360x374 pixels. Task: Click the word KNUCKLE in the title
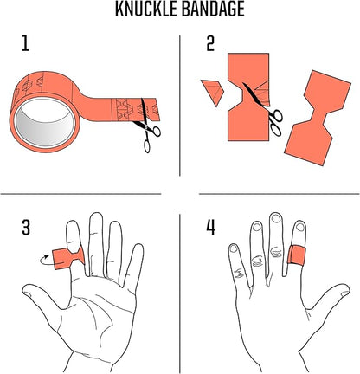pos(145,9)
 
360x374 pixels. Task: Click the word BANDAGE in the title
pos(213,9)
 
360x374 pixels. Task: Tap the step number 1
pos(25,43)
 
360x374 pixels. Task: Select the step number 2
pos(210,43)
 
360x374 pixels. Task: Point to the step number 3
pos(26,228)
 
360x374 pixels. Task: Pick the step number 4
pos(210,228)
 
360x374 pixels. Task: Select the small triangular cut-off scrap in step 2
pos(214,92)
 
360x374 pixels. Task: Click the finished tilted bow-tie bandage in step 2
pos(318,117)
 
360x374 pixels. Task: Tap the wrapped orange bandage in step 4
pos(296,255)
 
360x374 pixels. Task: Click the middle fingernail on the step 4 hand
pos(276,219)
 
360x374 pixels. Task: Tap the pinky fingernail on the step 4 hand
pos(234,248)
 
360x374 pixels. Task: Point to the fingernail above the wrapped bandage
pos(300,227)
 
